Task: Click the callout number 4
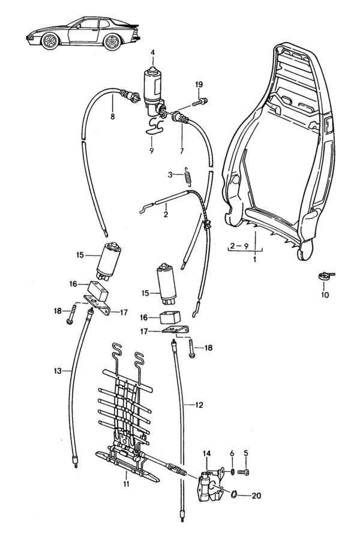click(152, 53)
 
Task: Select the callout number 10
click(325, 295)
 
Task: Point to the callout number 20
click(257, 496)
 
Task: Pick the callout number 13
click(58, 371)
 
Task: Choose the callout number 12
click(199, 405)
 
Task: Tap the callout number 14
click(207, 453)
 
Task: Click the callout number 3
click(170, 175)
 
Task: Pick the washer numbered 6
click(232, 472)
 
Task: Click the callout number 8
click(112, 118)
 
